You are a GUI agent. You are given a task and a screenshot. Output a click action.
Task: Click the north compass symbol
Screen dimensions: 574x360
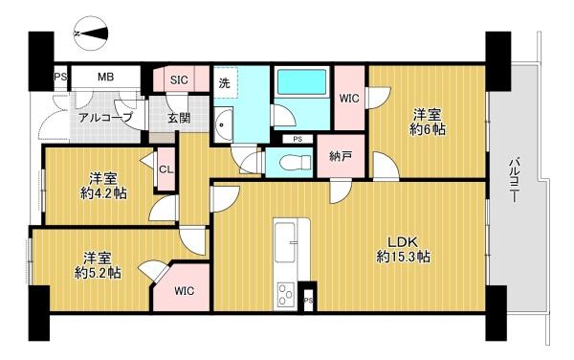click(91, 34)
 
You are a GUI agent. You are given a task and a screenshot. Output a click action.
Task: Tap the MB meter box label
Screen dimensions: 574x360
click(105, 77)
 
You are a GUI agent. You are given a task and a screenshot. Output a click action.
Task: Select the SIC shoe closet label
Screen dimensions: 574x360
click(179, 79)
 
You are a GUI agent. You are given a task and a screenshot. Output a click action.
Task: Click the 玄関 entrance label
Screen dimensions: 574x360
click(179, 118)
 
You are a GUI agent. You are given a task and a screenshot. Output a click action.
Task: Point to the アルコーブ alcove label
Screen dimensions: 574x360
click(105, 118)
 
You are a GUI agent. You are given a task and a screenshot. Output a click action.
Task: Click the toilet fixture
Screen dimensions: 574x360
click(296, 161)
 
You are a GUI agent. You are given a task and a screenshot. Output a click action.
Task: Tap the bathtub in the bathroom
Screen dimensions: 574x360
click(301, 81)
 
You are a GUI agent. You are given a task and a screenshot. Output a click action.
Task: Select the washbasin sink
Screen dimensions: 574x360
click(223, 124)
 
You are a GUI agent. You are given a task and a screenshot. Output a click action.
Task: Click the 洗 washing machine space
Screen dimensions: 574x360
click(225, 82)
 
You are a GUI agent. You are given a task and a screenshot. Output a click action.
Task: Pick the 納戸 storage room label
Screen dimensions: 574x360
click(341, 156)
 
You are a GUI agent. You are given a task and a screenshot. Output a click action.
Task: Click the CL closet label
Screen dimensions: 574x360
click(166, 169)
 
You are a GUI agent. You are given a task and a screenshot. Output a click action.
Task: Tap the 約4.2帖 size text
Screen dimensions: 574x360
click(103, 193)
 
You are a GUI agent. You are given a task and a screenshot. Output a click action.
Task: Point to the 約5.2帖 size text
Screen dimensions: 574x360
click(98, 273)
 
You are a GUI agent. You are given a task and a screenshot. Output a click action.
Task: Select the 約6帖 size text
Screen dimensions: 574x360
click(428, 129)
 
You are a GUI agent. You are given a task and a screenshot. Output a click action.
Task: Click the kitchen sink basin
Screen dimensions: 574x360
click(285, 242)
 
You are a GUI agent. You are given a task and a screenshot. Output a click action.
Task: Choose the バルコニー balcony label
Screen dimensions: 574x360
click(515, 180)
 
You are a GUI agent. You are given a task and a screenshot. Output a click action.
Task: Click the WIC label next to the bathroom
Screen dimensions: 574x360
click(349, 99)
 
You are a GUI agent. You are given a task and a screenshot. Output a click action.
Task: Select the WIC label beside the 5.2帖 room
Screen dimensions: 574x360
click(184, 291)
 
